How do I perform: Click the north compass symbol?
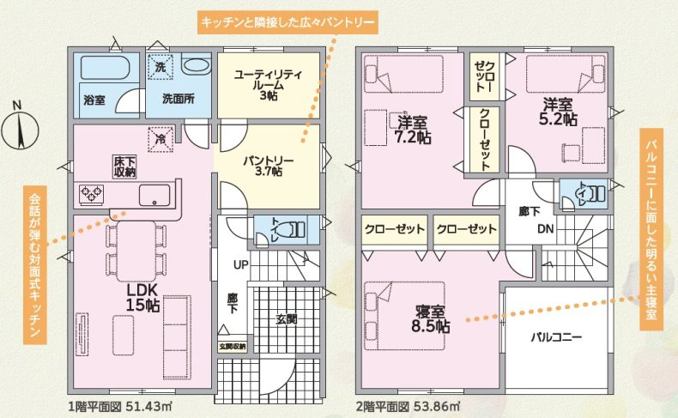coord(20,128)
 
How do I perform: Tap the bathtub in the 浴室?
coord(105,68)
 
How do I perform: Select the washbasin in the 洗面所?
coord(197,65)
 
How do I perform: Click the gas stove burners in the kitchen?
coord(92,194)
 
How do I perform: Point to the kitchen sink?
coord(154,196)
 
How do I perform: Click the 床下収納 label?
coord(125,167)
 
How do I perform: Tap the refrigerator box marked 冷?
coord(160,139)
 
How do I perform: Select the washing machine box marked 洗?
coord(160,68)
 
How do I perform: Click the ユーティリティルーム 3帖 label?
coord(269,85)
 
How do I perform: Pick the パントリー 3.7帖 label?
coord(269,166)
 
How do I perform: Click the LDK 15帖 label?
coord(142,297)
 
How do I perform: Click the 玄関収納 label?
coord(233,346)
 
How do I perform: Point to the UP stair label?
coord(241,264)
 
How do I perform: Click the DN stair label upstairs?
coord(546,228)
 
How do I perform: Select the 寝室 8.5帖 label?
coord(430,319)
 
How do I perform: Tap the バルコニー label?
coord(556,337)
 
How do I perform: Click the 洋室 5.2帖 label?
coord(558,112)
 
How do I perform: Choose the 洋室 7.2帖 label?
coord(412,130)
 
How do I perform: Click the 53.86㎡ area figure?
coord(438,406)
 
